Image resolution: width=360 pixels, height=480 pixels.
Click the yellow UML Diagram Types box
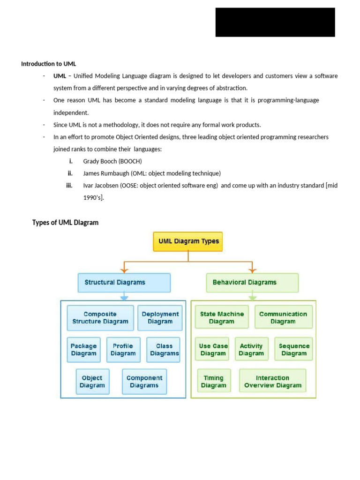click(188, 241)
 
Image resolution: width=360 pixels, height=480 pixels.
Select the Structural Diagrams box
click(124, 283)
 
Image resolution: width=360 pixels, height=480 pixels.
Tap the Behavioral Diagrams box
click(252, 283)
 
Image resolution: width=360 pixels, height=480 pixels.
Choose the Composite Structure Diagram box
click(100, 318)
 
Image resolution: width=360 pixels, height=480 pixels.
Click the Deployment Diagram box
click(160, 318)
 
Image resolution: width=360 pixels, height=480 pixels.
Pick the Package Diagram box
click(84, 350)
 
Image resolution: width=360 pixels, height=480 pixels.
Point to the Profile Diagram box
click(123, 350)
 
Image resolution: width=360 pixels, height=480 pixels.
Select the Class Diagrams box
click(164, 350)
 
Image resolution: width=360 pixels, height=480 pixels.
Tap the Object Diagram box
click(92, 382)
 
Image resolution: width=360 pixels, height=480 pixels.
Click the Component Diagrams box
click(144, 382)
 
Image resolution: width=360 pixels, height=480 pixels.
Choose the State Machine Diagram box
click(222, 318)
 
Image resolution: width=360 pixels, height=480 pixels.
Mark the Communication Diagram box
click(283, 318)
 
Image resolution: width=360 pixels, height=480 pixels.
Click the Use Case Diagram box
click(213, 350)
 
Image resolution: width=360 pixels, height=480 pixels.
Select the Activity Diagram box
click(252, 350)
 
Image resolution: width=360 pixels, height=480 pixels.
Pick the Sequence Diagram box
click(294, 350)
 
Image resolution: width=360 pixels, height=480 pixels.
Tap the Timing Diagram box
click(214, 382)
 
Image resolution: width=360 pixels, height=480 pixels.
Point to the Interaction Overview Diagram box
click(272, 382)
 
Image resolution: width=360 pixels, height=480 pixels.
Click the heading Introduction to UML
click(48, 64)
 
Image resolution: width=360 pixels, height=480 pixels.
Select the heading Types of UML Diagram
click(65, 223)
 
